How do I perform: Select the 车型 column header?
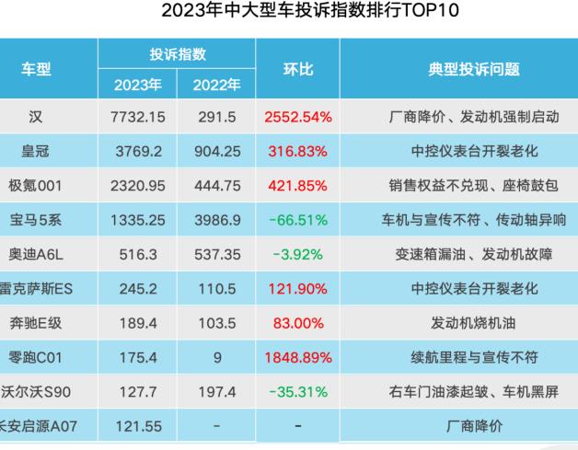click(x=37, y=69)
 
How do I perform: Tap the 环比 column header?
click(x=298, y=69)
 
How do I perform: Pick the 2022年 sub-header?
click(x=217, y=86)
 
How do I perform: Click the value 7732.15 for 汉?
click(x=139, y=118)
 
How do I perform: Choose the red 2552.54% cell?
click(x=298, y=118)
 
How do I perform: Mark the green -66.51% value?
click(x=298, y=219)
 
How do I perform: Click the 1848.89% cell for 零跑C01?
click(x=298, y=355)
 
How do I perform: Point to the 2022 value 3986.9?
click(x=217, y=219)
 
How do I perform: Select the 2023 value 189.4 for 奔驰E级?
click(x=139, y=321)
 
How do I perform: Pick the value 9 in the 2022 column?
click(x=217, y=355)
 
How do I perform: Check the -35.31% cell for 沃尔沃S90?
click(x=298, y=389)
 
